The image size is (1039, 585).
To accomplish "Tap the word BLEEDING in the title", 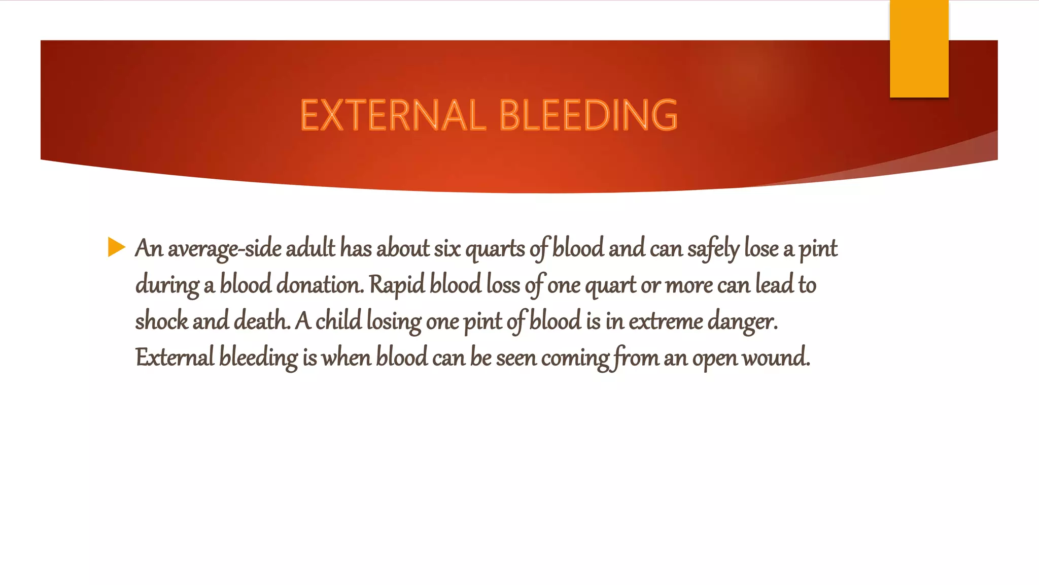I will pos(588,115).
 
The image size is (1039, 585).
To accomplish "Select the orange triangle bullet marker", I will pos(116,247).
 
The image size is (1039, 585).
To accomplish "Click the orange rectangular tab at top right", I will pos(919,48).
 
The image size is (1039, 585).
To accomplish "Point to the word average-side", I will pos(224,249).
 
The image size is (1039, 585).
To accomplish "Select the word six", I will pos(447,249).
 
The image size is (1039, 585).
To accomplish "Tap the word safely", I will pos(713,249).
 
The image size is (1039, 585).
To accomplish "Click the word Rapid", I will pos(397,285).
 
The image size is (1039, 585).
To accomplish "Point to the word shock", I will pos(161,321).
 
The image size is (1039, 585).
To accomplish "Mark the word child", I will pos(338,321).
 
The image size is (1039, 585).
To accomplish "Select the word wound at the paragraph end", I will pos(776,358).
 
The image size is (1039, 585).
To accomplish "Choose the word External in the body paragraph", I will pos(175,358).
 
